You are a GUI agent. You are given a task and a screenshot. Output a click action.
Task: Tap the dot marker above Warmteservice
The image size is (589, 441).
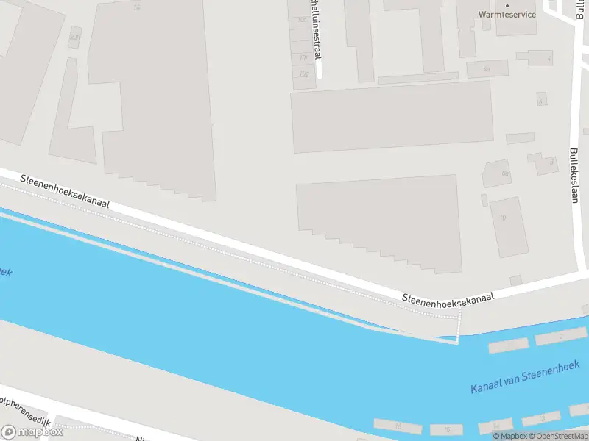(x=507, y=5)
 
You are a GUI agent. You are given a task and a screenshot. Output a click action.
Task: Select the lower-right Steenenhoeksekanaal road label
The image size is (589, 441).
(x=448, y=296)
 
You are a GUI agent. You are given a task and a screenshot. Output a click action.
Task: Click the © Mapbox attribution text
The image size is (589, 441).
(x=509, y=436)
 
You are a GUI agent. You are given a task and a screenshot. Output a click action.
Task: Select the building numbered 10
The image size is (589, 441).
(x=504, y=218)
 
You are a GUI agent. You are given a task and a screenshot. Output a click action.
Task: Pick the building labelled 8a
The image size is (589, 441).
(x=505, y=173)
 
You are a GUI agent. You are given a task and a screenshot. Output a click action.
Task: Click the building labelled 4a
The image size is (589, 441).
(x=487, y=69)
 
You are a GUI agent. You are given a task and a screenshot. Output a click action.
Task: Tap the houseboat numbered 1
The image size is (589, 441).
(x=508, y=344)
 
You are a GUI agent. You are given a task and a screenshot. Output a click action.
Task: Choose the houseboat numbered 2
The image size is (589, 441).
(x=560, y=337)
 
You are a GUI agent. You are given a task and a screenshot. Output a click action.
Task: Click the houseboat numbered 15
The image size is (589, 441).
(x=446, y=429)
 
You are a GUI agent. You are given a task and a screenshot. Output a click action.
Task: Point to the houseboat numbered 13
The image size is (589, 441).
(x=543, y=418)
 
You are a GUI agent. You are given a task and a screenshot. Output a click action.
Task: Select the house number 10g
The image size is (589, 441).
(x=303, y=73)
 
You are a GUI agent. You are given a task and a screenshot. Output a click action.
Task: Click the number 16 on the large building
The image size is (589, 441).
(x=136, y=8)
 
